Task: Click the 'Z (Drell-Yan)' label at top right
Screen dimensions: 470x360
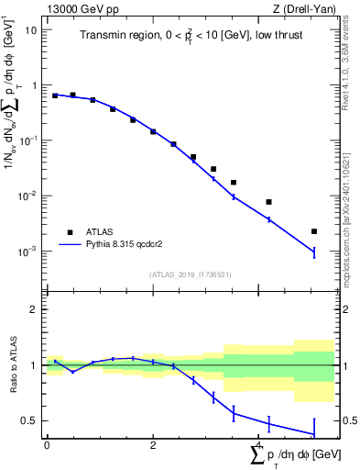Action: click(303, 8)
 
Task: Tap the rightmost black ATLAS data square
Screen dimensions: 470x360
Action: click(313, 231)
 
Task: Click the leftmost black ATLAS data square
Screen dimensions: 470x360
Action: click(55, 95)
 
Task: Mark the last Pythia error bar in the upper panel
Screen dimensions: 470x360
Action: click(313, 252)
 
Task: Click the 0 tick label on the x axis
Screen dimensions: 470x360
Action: click(47, 445)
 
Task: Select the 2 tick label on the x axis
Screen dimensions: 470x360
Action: click(153, 445)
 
